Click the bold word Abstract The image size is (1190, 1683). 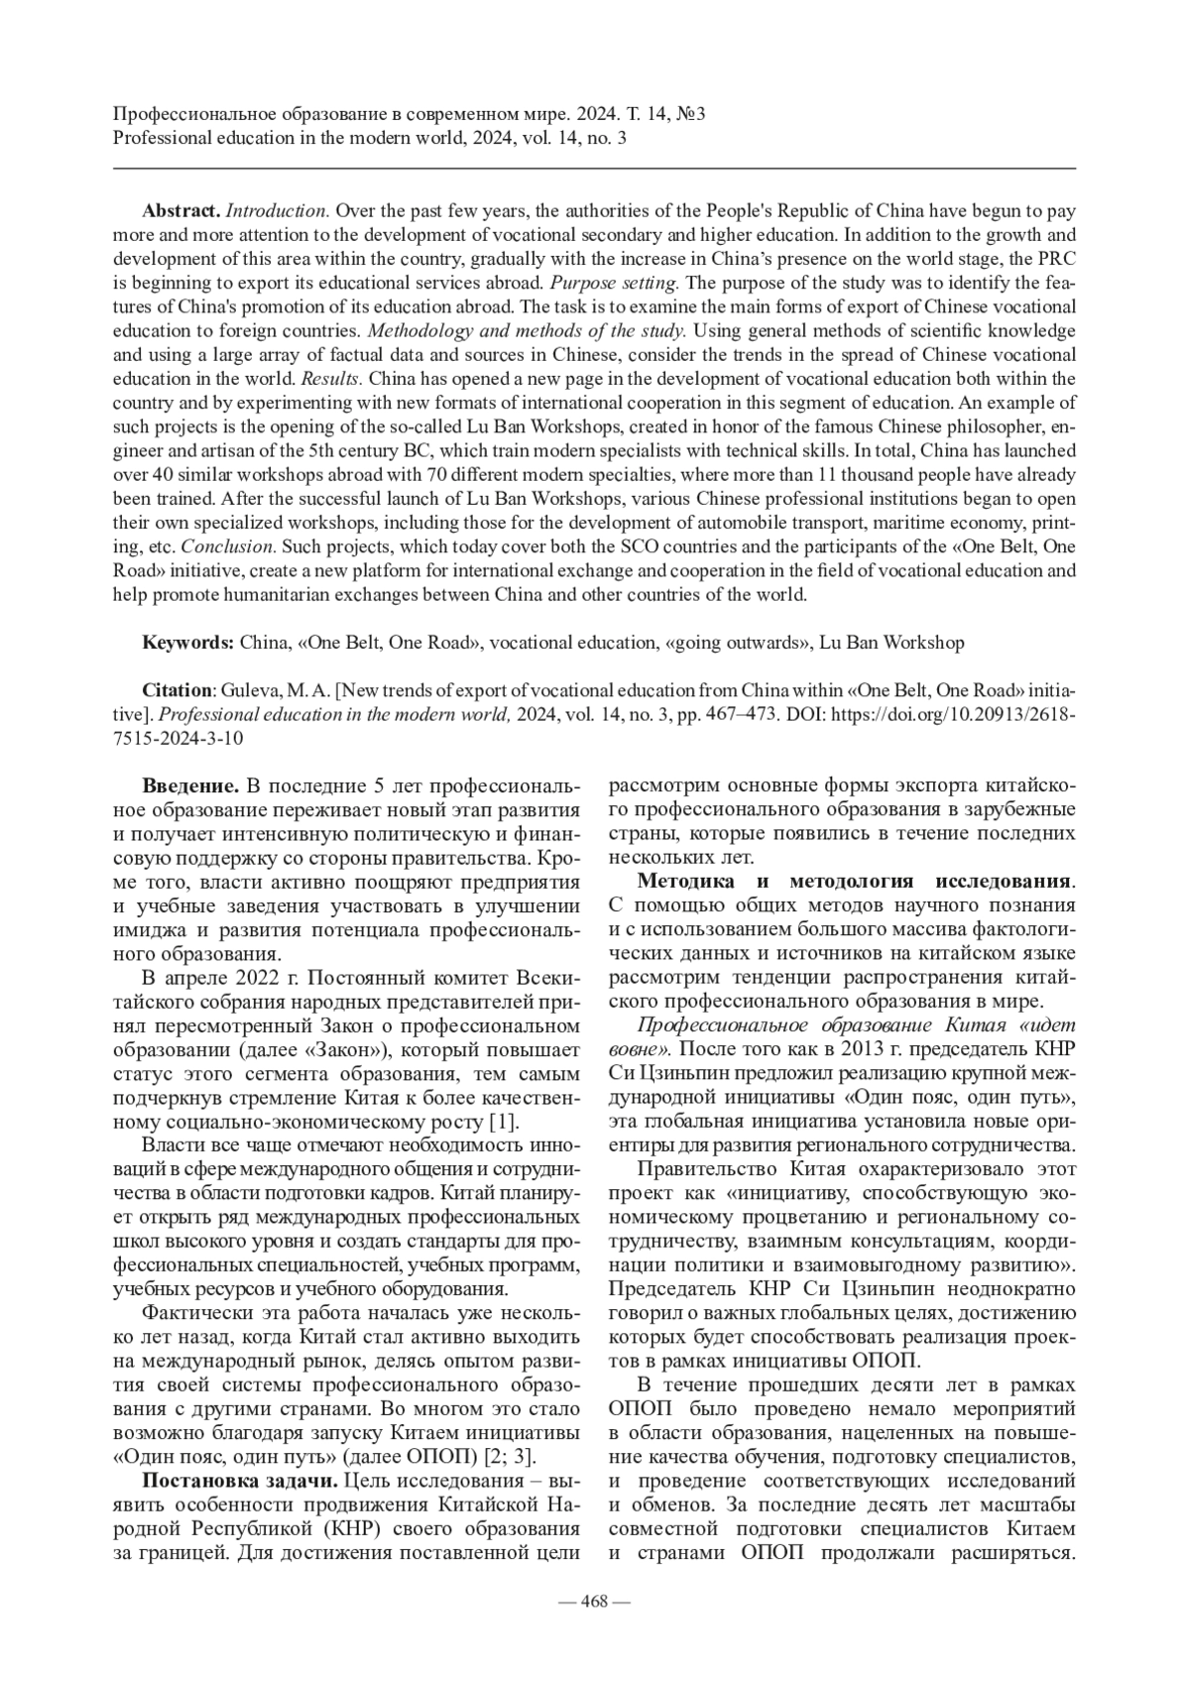coord(180,211)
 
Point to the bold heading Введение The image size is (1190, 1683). coord(190,786)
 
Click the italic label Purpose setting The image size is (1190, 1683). coord(634,283)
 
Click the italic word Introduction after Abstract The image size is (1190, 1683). coord(278,211)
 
